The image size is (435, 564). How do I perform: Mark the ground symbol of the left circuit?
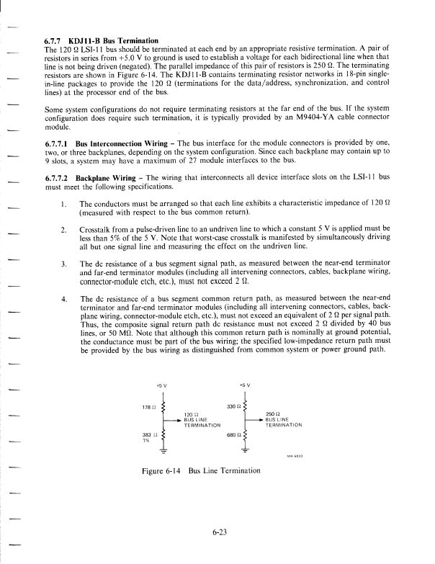coord(162,452)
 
